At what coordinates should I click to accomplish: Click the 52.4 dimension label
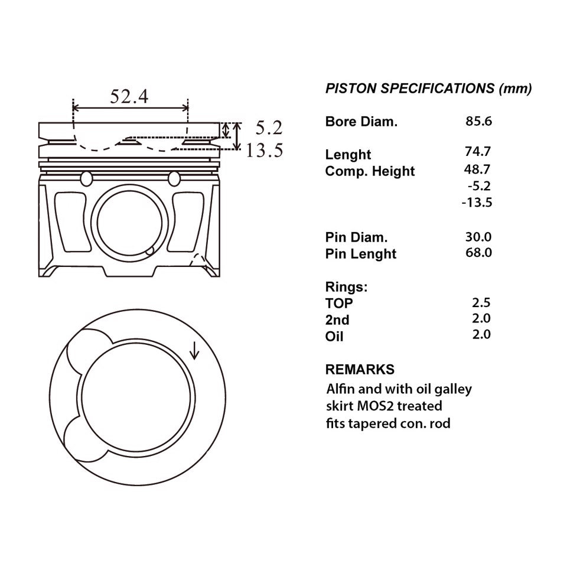point(129,96)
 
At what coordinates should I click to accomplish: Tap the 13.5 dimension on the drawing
point(264,151)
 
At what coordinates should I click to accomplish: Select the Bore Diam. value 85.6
point(478,122)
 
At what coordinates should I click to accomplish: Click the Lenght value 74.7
point(478,151)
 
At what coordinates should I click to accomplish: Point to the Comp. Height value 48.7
point(478,168)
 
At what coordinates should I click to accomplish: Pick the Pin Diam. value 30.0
point(478,237)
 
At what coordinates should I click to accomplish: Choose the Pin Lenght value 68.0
point(478,253)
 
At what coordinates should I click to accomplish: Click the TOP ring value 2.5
point(481,303)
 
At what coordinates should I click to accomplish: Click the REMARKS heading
point(360,370)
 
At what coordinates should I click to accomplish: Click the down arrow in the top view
point(195,352)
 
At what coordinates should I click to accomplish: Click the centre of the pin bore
point(130,223)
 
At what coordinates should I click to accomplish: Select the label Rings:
point(346,287)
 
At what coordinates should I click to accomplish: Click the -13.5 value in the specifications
point(477,203)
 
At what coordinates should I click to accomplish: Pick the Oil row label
point(334,337)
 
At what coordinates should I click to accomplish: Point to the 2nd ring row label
point(337,320)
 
